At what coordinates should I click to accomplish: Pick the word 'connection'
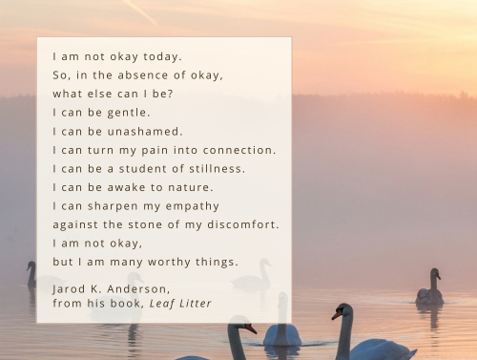pyautogui.click(x=239, y=150)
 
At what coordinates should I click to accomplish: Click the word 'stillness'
pyautogui.click(x=216, y=168)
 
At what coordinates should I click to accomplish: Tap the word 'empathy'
pyautogui.click(x=194, y=206)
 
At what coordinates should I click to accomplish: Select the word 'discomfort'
pyautogui.click(x=243, y=224)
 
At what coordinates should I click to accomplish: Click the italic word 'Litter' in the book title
pyautogui.click(x=197, y=303)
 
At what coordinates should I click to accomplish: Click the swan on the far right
pyautogui.click(x=430, y=290)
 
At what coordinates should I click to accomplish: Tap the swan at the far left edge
pyautogui.click(x=31, y=275)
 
